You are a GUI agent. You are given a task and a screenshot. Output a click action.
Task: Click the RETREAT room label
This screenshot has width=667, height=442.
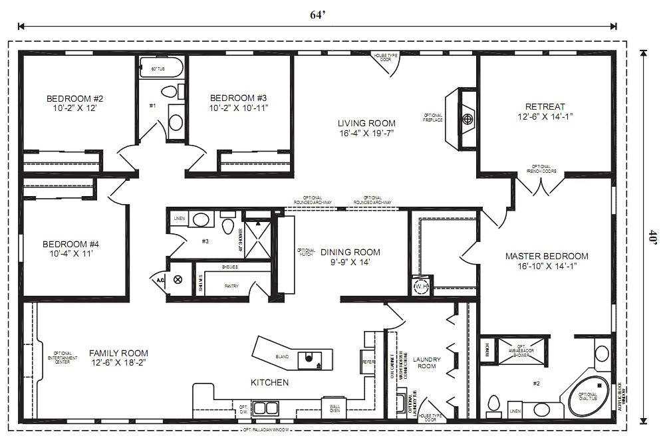pyautogui.click(x=545, y=106)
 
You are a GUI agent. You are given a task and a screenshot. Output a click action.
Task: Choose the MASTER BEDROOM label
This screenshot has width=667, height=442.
pyautogui.click(x=547, y=256)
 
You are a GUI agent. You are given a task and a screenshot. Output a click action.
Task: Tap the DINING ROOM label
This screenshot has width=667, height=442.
pyautogui.click(x=350, y=252)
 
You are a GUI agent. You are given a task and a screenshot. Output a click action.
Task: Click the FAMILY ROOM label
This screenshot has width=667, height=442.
pyautogui.click(x=118, y=353)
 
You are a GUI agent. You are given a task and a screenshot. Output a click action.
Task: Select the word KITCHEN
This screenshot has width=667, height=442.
pyautogui.click(x=269, y=382)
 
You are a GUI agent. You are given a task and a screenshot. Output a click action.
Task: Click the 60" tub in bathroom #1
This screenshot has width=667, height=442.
pyautogui.click(x=160, y=68)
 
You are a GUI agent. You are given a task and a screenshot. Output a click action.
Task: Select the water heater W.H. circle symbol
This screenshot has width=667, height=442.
pyautogui.click(x=421, y=286)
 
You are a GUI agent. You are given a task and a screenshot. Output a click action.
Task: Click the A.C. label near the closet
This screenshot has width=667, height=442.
pyautogui.click(x=160, y=280)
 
